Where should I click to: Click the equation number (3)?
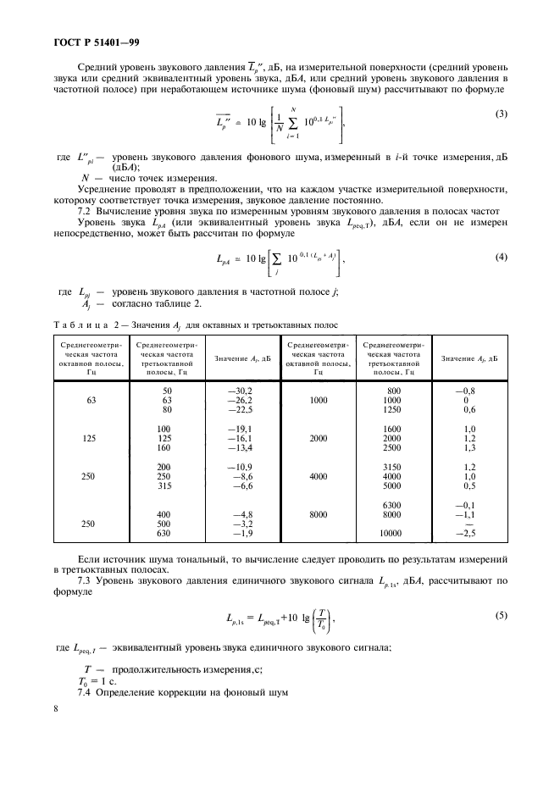[x=500, y=114]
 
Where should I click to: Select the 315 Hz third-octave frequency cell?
[x=164, y=487]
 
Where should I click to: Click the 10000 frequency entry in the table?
[x=391, y=534]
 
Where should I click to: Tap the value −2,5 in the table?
[x=467, y=534]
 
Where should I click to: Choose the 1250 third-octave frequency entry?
[x=391, y=409]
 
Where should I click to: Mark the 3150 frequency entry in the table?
[x=391, y=467]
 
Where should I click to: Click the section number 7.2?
[x=85, y=209]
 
